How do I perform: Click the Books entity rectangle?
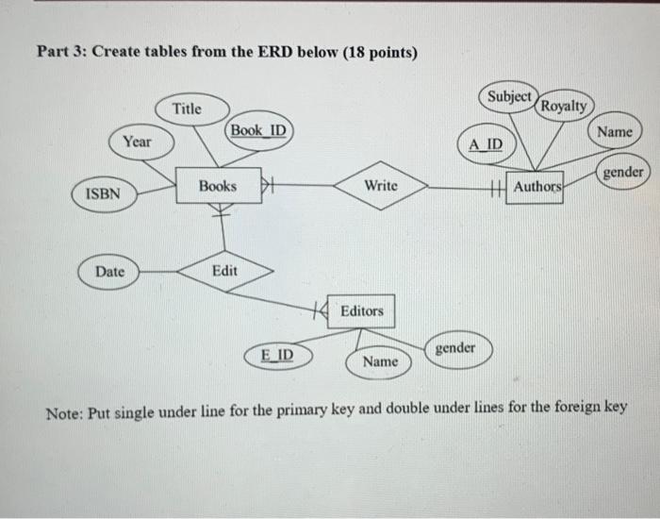pos(217,186)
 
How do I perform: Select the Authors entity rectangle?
pos(536,187)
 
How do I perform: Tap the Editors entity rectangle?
pos(361,310)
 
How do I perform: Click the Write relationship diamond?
pos(381,186)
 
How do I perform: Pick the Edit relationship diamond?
pos(224,271)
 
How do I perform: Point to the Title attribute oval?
pos(187,109)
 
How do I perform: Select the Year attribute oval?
pos(138,142)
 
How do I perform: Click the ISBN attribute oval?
pos(103,193)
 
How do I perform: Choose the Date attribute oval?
pos(109,271)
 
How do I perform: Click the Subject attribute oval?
pos(510,96)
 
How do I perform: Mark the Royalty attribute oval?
pos(564,106)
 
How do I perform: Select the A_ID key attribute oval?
pos(486,144)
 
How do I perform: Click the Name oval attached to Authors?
pos(614,133)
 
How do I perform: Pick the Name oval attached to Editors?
pos(380,361)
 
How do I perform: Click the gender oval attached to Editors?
pos(454,348)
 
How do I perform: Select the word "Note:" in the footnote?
pos(66,409)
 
